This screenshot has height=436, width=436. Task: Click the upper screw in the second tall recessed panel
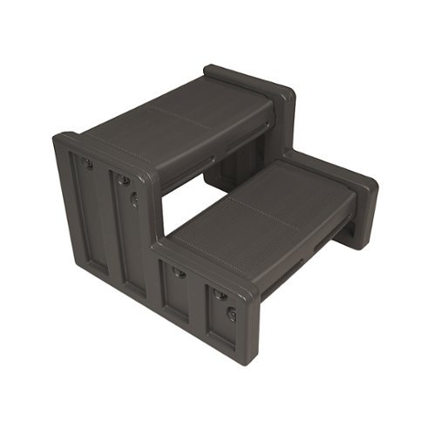click(x=125, y=181)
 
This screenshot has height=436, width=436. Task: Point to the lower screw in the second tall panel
click(x=134, y=199)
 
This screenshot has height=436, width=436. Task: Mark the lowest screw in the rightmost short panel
click(x=232, y=315)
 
